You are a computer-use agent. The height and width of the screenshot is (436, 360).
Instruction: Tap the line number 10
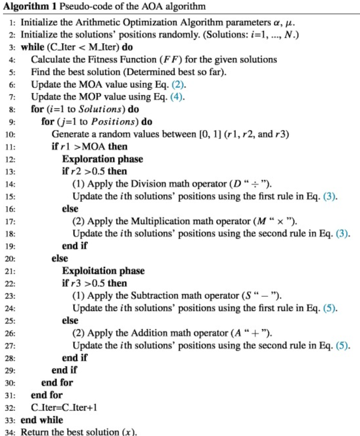click(x=10, y=135)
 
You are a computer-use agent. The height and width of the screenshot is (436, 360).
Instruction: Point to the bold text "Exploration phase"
click(x=102, y=159)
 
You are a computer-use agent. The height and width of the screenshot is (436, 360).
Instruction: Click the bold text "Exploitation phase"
click(x=103, y=271)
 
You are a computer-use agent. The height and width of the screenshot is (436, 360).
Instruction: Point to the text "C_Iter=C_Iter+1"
click(x=64, y=407)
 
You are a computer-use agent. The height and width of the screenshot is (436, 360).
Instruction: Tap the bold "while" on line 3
click(x=31, y=48)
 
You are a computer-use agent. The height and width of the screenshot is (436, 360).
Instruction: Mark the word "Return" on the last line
click(x=32, y=432)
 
